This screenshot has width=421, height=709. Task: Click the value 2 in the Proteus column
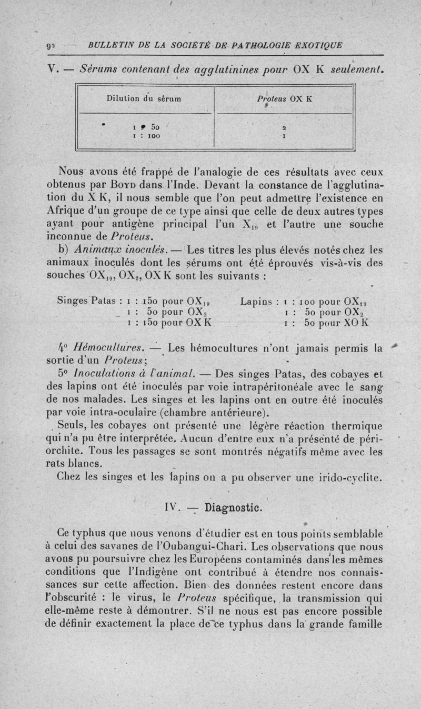click(283, 127)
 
